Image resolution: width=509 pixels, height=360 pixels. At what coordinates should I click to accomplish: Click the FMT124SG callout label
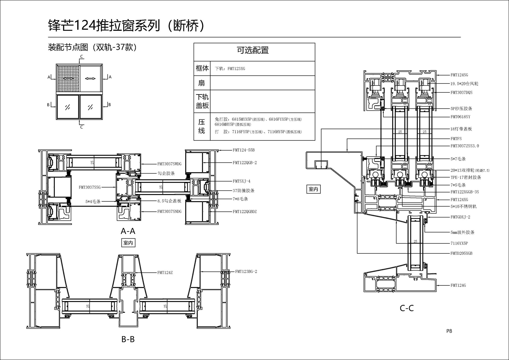point(459,75)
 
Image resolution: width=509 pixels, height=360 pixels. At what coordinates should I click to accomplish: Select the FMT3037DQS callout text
point(461,93)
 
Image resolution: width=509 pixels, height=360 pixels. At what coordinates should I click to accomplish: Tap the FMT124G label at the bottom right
point(458,285)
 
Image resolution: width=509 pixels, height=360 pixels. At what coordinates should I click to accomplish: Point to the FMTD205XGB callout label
point(461,253)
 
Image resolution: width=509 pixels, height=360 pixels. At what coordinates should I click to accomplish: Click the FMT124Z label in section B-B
point(165,273)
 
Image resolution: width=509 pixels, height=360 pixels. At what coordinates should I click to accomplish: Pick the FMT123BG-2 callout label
point(246,271)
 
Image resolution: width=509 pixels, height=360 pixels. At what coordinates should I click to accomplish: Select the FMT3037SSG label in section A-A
point(90,187)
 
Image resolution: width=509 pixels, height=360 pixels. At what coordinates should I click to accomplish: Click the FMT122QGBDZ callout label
point(245,212)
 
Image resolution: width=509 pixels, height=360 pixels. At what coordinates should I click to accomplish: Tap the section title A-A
point(128,231)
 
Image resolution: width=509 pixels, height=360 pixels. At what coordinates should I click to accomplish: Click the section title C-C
point(407,308)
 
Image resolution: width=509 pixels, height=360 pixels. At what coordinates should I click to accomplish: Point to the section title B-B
point(128,339)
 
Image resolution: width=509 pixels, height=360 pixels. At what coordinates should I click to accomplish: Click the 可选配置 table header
point(253,50)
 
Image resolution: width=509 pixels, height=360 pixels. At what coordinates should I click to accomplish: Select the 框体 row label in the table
point(202,68)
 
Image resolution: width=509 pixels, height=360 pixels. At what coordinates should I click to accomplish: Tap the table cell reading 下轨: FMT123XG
point(230,69)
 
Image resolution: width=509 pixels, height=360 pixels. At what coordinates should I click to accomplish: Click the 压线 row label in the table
point(202,126)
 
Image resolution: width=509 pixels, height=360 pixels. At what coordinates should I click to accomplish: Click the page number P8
point(449,331)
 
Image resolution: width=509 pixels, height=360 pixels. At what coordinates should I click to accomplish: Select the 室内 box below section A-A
point(128,243)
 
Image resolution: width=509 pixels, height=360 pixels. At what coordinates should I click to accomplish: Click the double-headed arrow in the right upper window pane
point(90,78)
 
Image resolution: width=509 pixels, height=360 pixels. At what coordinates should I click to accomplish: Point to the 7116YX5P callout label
point(459,243)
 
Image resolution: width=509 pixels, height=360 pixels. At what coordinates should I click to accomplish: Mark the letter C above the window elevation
point(82,56)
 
